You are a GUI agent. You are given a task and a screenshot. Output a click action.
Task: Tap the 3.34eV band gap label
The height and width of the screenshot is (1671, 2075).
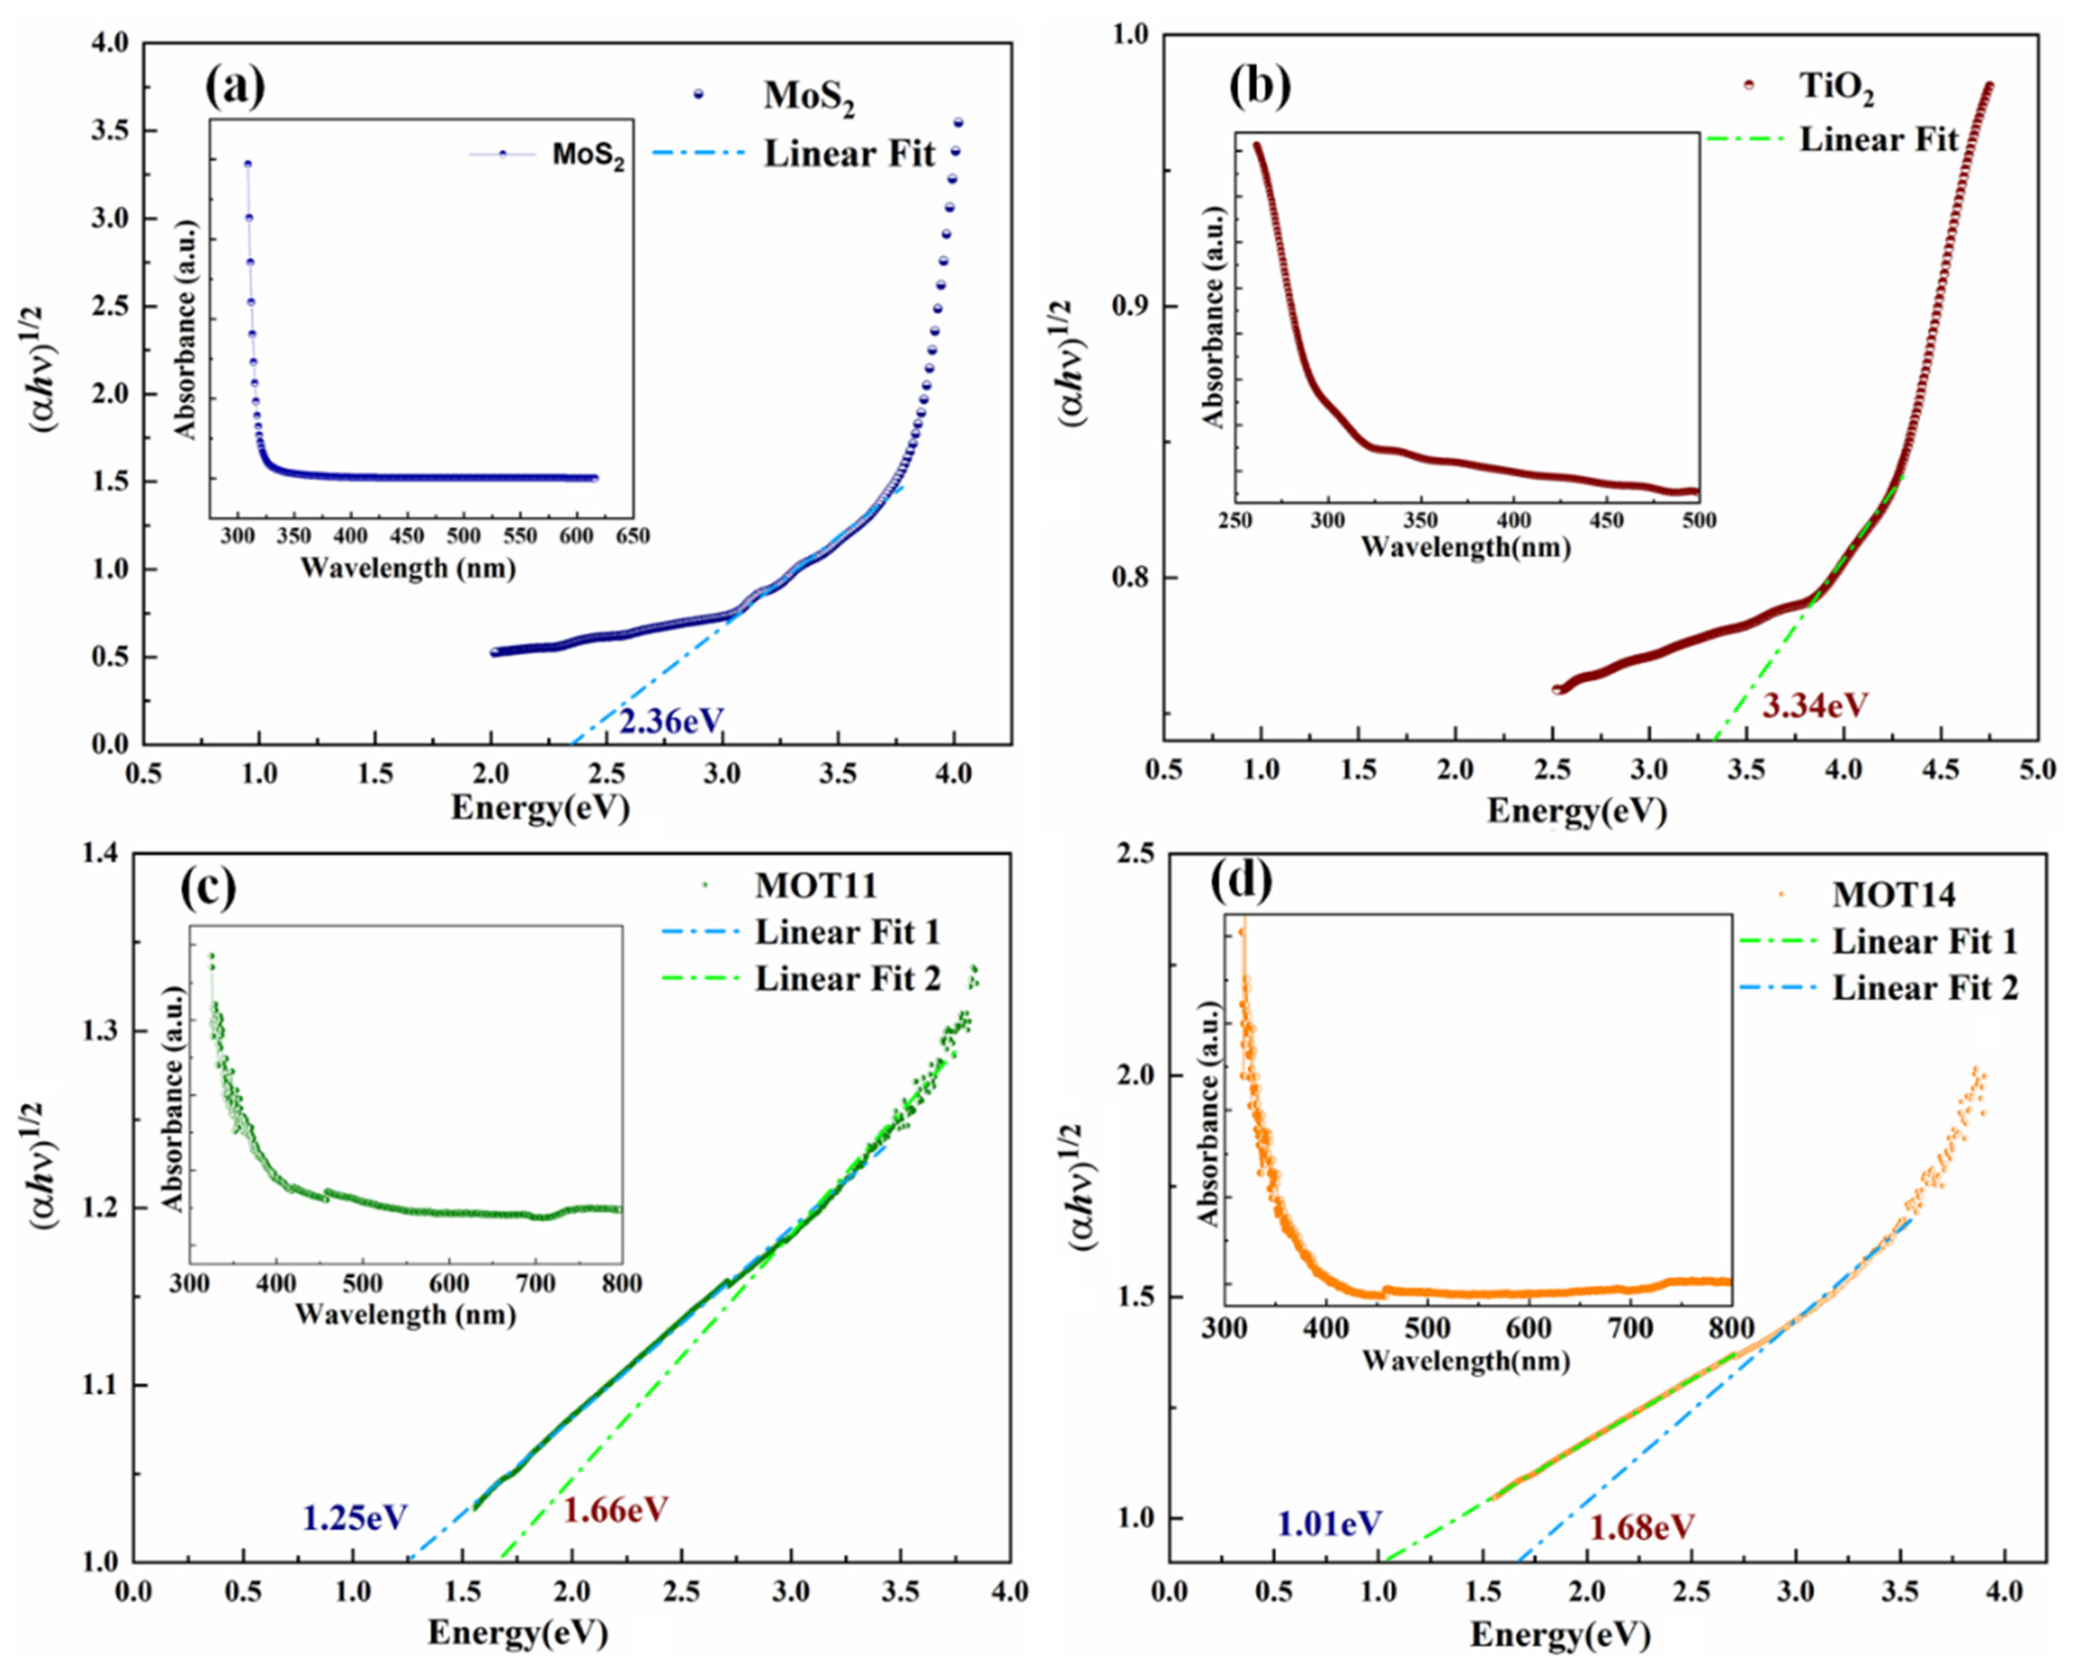tap(1814, 706)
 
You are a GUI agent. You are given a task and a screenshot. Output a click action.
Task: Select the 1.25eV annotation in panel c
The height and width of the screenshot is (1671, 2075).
tap(355, 1518)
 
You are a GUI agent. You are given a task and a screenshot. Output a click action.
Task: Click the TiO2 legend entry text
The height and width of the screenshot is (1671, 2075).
tap(1837, 90)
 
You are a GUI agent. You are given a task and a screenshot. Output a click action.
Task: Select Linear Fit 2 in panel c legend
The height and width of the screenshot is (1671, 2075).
tap(847, 979)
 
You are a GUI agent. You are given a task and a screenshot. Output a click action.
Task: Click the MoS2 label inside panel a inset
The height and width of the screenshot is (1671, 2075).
tap(587, 156)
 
